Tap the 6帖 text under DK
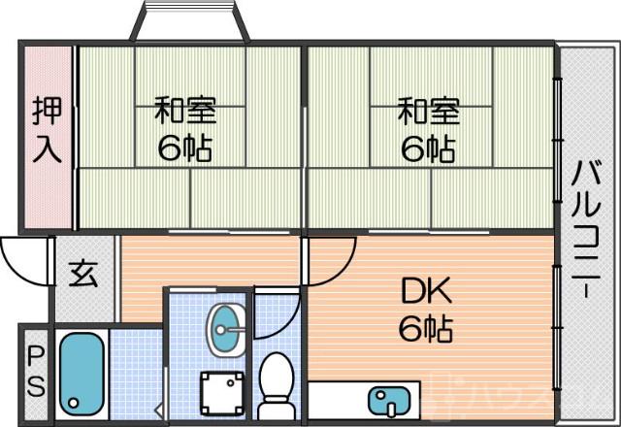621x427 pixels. [425, 330]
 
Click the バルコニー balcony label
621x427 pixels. [585, 233]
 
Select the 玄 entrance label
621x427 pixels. [82, 276]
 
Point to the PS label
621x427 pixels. [35, 372]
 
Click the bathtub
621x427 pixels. [82, 373]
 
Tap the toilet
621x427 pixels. [278, 382]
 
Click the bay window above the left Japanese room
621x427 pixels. [190, 21]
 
